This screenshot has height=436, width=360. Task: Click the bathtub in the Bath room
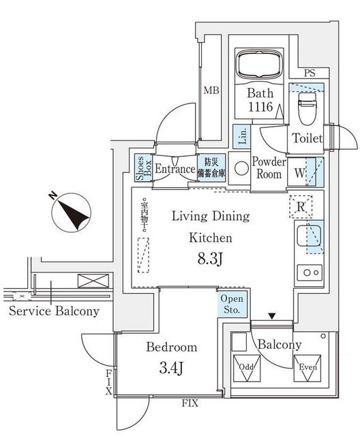tap(259, 65)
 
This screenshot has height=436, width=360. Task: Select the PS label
tap(310, 73)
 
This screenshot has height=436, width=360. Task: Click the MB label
tap(211, 91)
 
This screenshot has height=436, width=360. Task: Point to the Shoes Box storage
tap(144, 168)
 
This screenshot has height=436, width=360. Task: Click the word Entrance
tap(175, 169)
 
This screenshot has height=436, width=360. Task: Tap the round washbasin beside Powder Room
tap(241, 168)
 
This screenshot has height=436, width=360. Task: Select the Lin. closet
tap(241, 136)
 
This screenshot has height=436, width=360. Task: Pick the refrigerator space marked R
tap(301, 206)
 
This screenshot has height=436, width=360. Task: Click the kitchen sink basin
tap(309, 236)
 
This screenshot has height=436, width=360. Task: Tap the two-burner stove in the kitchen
tap(310, 272)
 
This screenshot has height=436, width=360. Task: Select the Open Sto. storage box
tap(232, 304)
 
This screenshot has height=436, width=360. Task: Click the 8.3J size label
tap(210, 260)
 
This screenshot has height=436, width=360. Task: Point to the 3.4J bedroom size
tap(172, 369)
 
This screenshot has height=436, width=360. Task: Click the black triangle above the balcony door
tap(272, 316)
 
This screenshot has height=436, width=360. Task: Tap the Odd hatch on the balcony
tap(247, 369)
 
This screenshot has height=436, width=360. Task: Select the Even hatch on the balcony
tap(307, 368)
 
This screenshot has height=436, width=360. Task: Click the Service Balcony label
tap(54, 311)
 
